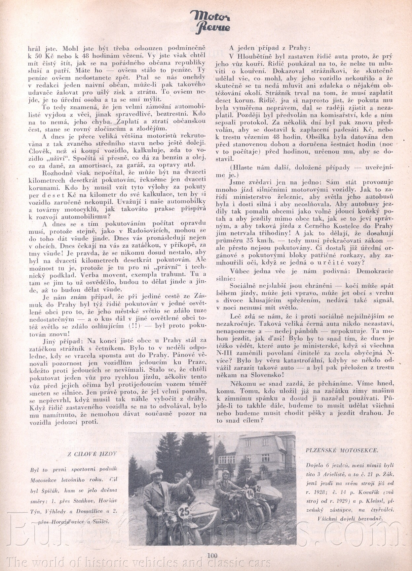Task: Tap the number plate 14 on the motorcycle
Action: (x=250, y=494)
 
